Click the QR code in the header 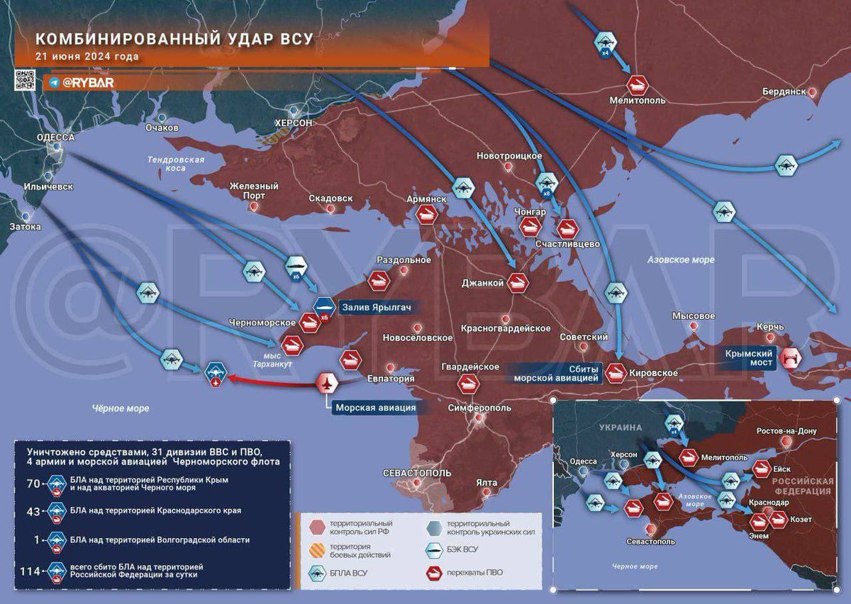(x=25, y=80)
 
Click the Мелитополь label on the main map (x=637, y=101)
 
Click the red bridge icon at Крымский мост (x=789, y=359)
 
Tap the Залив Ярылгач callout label (x=375, y=307)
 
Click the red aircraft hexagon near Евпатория (x=327, y=384)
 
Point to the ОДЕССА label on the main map (x=55, y=138)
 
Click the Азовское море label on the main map (x=680, y=260)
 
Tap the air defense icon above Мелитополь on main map (x=637, y=84)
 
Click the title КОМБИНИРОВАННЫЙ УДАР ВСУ (x=174, y=39)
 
